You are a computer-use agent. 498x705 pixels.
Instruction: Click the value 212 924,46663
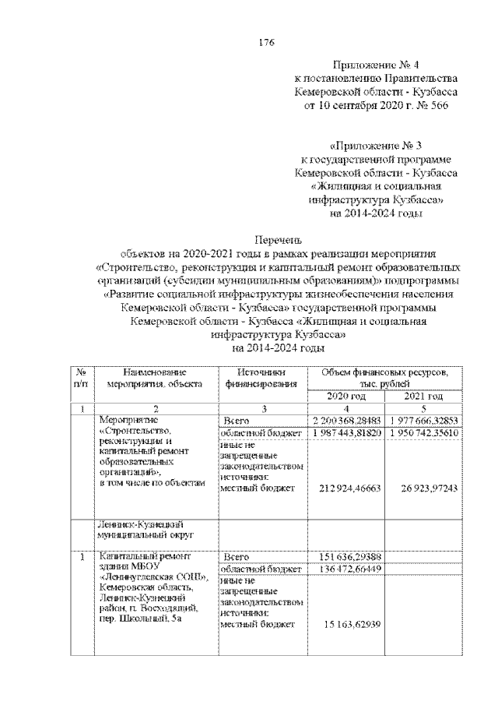point(348,488)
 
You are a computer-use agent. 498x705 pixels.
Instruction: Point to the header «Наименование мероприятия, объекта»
point(155,378)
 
